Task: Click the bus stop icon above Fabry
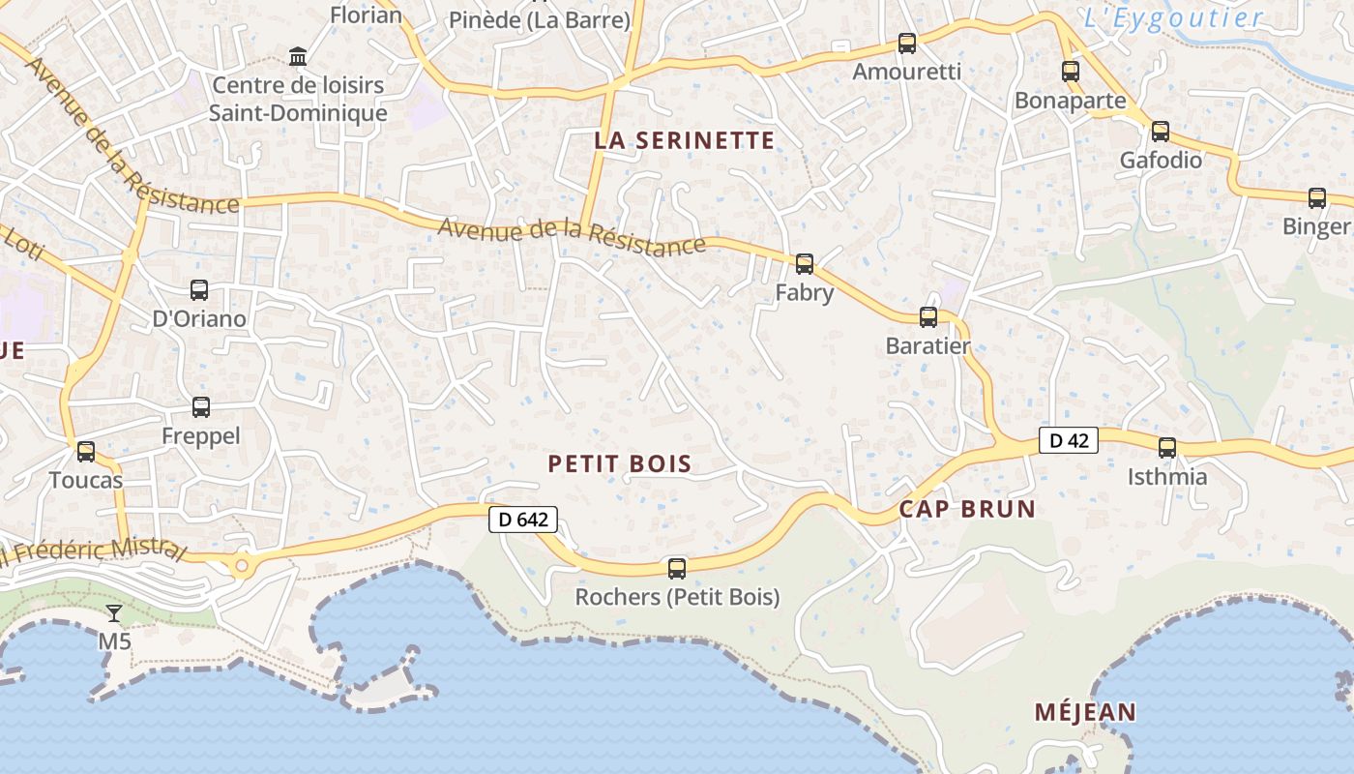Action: pyautogui.click(x=804, y=263)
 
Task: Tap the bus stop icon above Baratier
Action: pyautogui.click(x=928, y=316)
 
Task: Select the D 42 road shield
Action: pyautogui.click(x=1069, y=440)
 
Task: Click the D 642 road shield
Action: pyautogui.click(x=523, y=520)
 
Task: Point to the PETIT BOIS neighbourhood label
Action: pyautogui.click(x=620, y=463)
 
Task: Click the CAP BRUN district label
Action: pyautogui.click(x=967, y=509)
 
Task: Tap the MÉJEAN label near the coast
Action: pyautogui.click(x=1085, y=713)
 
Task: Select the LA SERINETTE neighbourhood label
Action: pyautogui.click(x=685, y=140)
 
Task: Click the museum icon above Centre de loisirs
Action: pyautogui.click(x=298, y=57)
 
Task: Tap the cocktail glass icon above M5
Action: pyautogui.click(x=114, y=612)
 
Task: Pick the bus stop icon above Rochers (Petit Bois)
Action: pyautogui.click(x=677, y=568)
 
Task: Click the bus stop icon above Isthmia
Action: pyautogui.click(x=1167, y=447)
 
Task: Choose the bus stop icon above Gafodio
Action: pyautogui.click(x=1161, y=131)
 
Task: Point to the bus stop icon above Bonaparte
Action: pyautogui.click(x=1070, y=71)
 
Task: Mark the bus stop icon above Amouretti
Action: pyautogui.click(x=906, y=43)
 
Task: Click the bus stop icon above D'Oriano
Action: pyautogui.click(x=199, y=289)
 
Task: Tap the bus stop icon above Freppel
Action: pyautogui.click(x=201, y=407)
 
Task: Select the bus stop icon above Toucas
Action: pyautogui.click(x=86, y=451)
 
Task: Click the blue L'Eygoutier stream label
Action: pyautogui.click(x=1173, y=17)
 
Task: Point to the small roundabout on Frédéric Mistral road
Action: pyautogui.click(x=242, y=564)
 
